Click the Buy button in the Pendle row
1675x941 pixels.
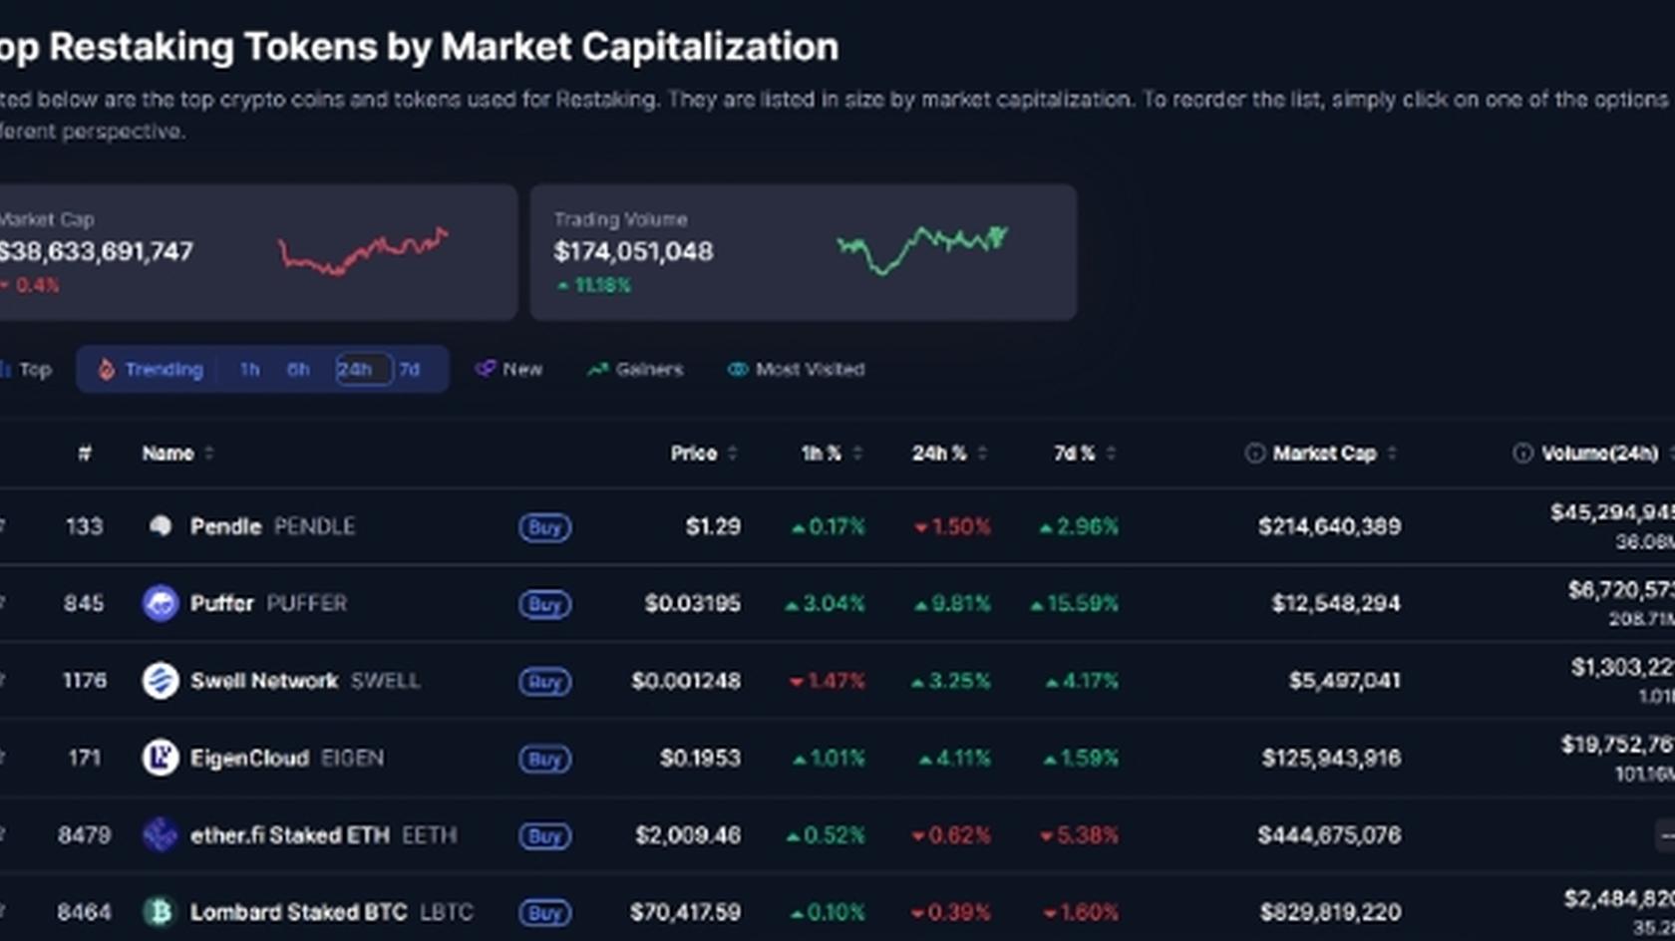pos(544,527)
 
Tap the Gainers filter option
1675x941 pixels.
pos(636,370)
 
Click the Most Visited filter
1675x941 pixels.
pos(797,370)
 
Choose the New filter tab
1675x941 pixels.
pos(509,370)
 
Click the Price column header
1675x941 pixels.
pos(694,454)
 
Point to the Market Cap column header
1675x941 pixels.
pos(1323,454)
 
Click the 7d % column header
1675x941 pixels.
pos(1075,454)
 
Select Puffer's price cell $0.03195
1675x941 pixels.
pos(692,604)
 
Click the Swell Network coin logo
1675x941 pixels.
pos(161,681)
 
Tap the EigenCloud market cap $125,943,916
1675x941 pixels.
pos(1331,759)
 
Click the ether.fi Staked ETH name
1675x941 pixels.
pos(290,835)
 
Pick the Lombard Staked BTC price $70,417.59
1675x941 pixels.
pos(685,912)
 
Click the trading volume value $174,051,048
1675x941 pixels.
pos(633,252)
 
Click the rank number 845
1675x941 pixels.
pos(84,604)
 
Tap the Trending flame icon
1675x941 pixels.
pos(107,370)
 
